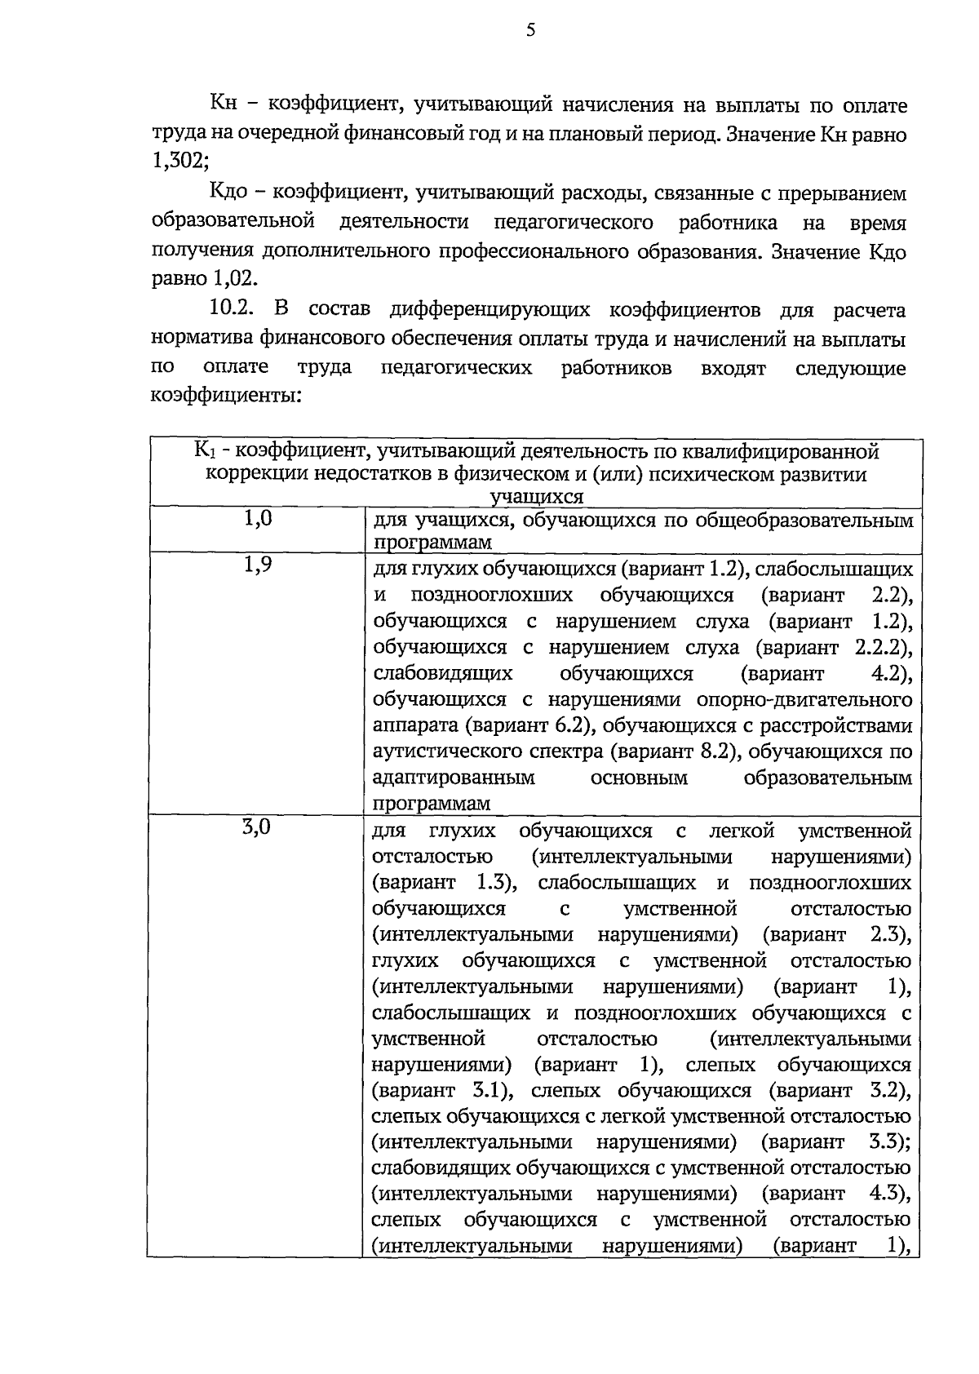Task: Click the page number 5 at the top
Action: pyautogui.click(x=531, y=31)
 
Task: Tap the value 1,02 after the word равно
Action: pyautogui.click(x=235, y=278)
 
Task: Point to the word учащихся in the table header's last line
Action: pyautogui.click(x=536, y=497)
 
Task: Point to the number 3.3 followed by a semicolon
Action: pyautogui.click(x=884, y=1141)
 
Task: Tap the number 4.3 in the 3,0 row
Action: pyautogui.click(x=884, y=1194)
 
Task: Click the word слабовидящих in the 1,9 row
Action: pyautogui.click(x=443, y=674)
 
